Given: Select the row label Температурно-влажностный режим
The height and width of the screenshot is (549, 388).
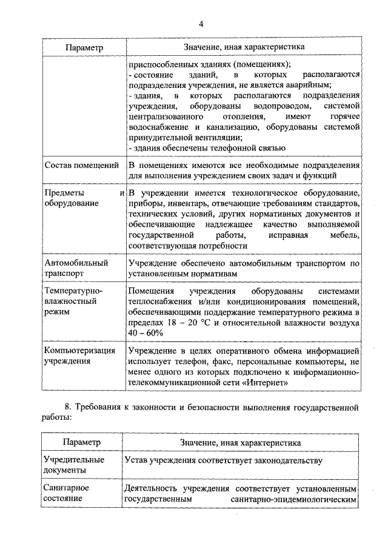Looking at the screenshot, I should (73, 301).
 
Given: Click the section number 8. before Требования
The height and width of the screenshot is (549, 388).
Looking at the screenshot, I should (68, 407).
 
